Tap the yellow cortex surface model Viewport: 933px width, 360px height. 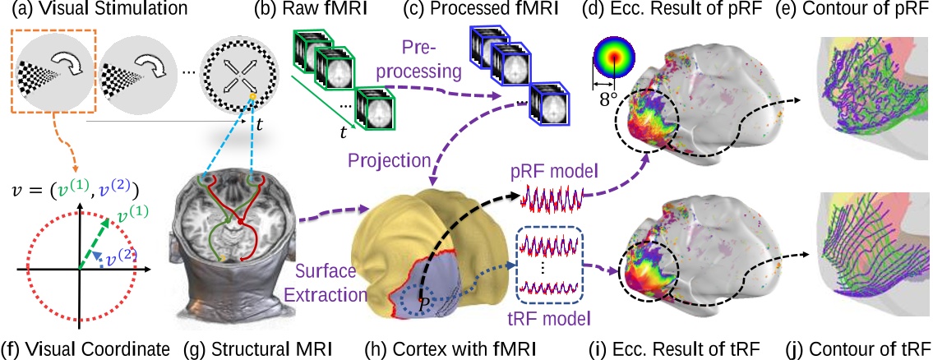click(x=427, y=247)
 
